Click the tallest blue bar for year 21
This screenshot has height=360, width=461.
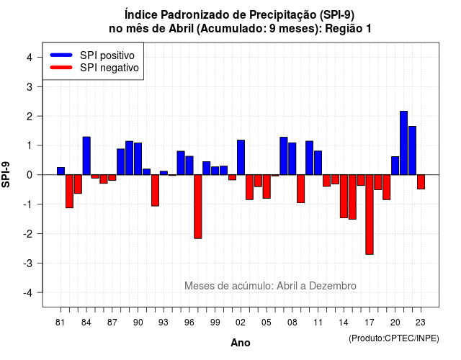403,143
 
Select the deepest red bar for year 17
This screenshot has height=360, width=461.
370,215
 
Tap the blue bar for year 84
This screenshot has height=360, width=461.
86,156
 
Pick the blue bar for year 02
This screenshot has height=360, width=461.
241,158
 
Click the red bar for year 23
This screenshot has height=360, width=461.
421,182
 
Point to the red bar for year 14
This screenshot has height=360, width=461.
344,197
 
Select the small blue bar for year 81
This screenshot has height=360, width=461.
61,171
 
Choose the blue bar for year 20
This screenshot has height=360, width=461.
395,166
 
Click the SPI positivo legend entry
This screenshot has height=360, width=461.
92,55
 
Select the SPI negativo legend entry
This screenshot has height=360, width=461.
94,68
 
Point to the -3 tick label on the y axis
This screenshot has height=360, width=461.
27,263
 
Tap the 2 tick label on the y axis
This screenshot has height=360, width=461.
30,116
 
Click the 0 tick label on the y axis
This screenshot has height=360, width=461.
30,175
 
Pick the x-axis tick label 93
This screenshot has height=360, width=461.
164,323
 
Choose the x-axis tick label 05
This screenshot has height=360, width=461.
267,323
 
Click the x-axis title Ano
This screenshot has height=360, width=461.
241,343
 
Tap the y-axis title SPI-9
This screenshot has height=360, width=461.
6,175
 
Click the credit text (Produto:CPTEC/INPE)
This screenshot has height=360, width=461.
394,338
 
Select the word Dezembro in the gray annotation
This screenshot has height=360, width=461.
333,286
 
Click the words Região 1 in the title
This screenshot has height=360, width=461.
348,29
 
